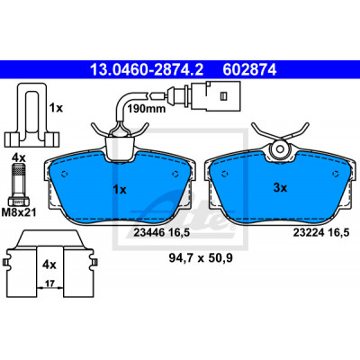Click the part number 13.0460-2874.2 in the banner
[147, 70]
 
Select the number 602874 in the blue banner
[249, 70]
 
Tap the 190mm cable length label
[147, 108]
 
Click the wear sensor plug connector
[215, 95]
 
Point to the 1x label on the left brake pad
[120, 190]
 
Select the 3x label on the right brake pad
[280, 188]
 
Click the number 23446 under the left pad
[149, 233]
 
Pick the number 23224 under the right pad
[309, 233]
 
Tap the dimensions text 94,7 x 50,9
[201, 257]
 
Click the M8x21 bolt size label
[19, 212]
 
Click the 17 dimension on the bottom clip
[49, 283]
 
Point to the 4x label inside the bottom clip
[49, 265]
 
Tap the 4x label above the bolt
[19, 157]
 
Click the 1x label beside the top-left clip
[56, 108]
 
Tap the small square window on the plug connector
[223, 96]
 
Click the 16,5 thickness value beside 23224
[339, 233]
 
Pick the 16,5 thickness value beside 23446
[179, 233]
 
